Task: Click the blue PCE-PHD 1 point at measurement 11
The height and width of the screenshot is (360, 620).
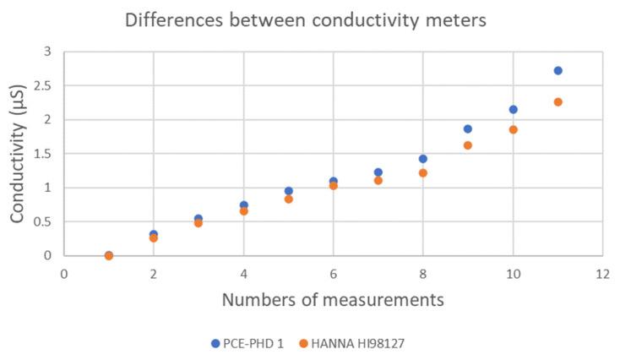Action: point(557,71)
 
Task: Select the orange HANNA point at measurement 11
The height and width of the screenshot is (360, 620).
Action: point(557,102)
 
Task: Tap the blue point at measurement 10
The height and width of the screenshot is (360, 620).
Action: point(513,110)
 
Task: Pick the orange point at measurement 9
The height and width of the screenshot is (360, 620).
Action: point(468,145)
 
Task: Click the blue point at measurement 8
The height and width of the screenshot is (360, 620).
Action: point(423,159)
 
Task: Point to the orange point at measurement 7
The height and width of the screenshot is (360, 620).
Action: point(378,180)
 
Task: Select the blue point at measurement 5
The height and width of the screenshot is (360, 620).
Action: point(288,191)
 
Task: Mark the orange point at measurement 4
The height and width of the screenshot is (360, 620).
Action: point(243,211)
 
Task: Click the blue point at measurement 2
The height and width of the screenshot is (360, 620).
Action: point(154,234)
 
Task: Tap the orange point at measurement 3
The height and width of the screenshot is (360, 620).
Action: point(199,223)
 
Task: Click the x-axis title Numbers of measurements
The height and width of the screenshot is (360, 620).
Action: point(333,299)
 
